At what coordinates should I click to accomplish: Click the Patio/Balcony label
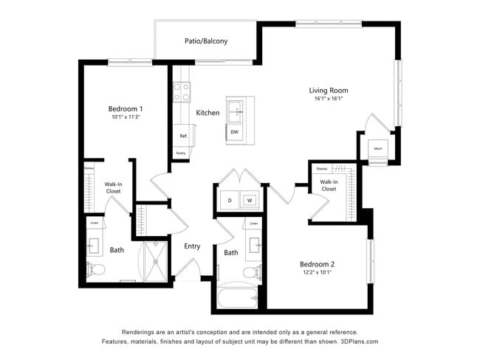[206, 41]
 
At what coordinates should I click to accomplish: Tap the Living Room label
[329, 91]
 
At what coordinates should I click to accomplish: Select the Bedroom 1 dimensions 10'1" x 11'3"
[126, 117]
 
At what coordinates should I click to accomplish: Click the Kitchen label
[208, 113]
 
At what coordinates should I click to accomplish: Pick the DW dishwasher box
[234, 132]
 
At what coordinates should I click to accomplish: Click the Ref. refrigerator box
[182, 136]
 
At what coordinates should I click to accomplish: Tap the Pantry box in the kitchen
[181, 153]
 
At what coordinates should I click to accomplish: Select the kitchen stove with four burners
[182, 91]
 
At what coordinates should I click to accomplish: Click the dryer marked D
[230, 200]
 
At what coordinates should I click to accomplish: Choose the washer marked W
[250, 200]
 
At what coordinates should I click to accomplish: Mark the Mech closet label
[377, 149]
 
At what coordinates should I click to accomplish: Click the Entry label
[193, 246]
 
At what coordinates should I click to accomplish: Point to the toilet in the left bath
[93, 268]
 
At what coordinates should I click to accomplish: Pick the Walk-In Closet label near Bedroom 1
[113, 187]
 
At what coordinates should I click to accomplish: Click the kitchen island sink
[238, 113]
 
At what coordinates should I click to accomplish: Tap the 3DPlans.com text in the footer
[358, 342]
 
